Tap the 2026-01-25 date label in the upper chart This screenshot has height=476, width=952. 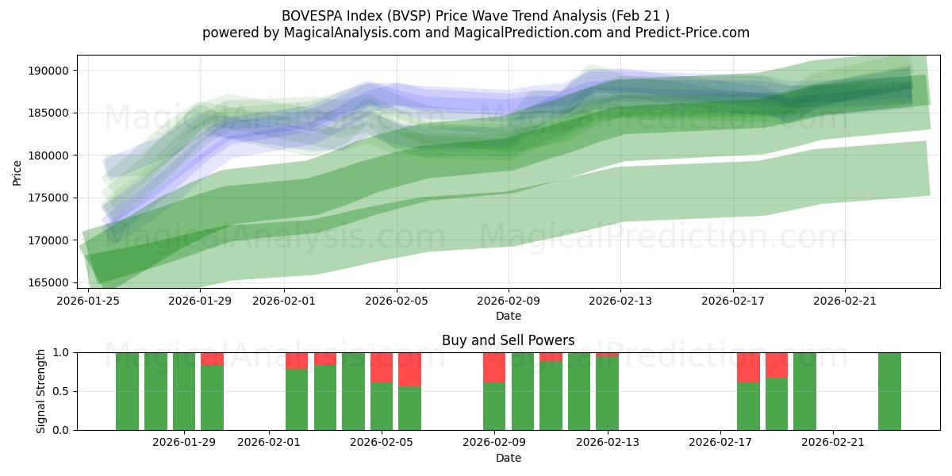pos(88,301)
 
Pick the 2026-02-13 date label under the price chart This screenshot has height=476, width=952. pos(620,301)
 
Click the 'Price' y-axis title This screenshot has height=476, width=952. pos(17,171)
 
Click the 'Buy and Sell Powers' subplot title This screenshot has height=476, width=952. pos(508,340)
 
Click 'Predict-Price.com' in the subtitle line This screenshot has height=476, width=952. pos(693,33)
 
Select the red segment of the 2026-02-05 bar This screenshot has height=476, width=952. pos(382,367)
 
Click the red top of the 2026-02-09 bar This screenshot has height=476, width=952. pos(494,367)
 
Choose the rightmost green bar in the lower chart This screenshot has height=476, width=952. pos(889,391)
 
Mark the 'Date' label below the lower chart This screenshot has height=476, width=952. pos(508,458)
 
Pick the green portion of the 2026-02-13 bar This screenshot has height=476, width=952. pos(607,393)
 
